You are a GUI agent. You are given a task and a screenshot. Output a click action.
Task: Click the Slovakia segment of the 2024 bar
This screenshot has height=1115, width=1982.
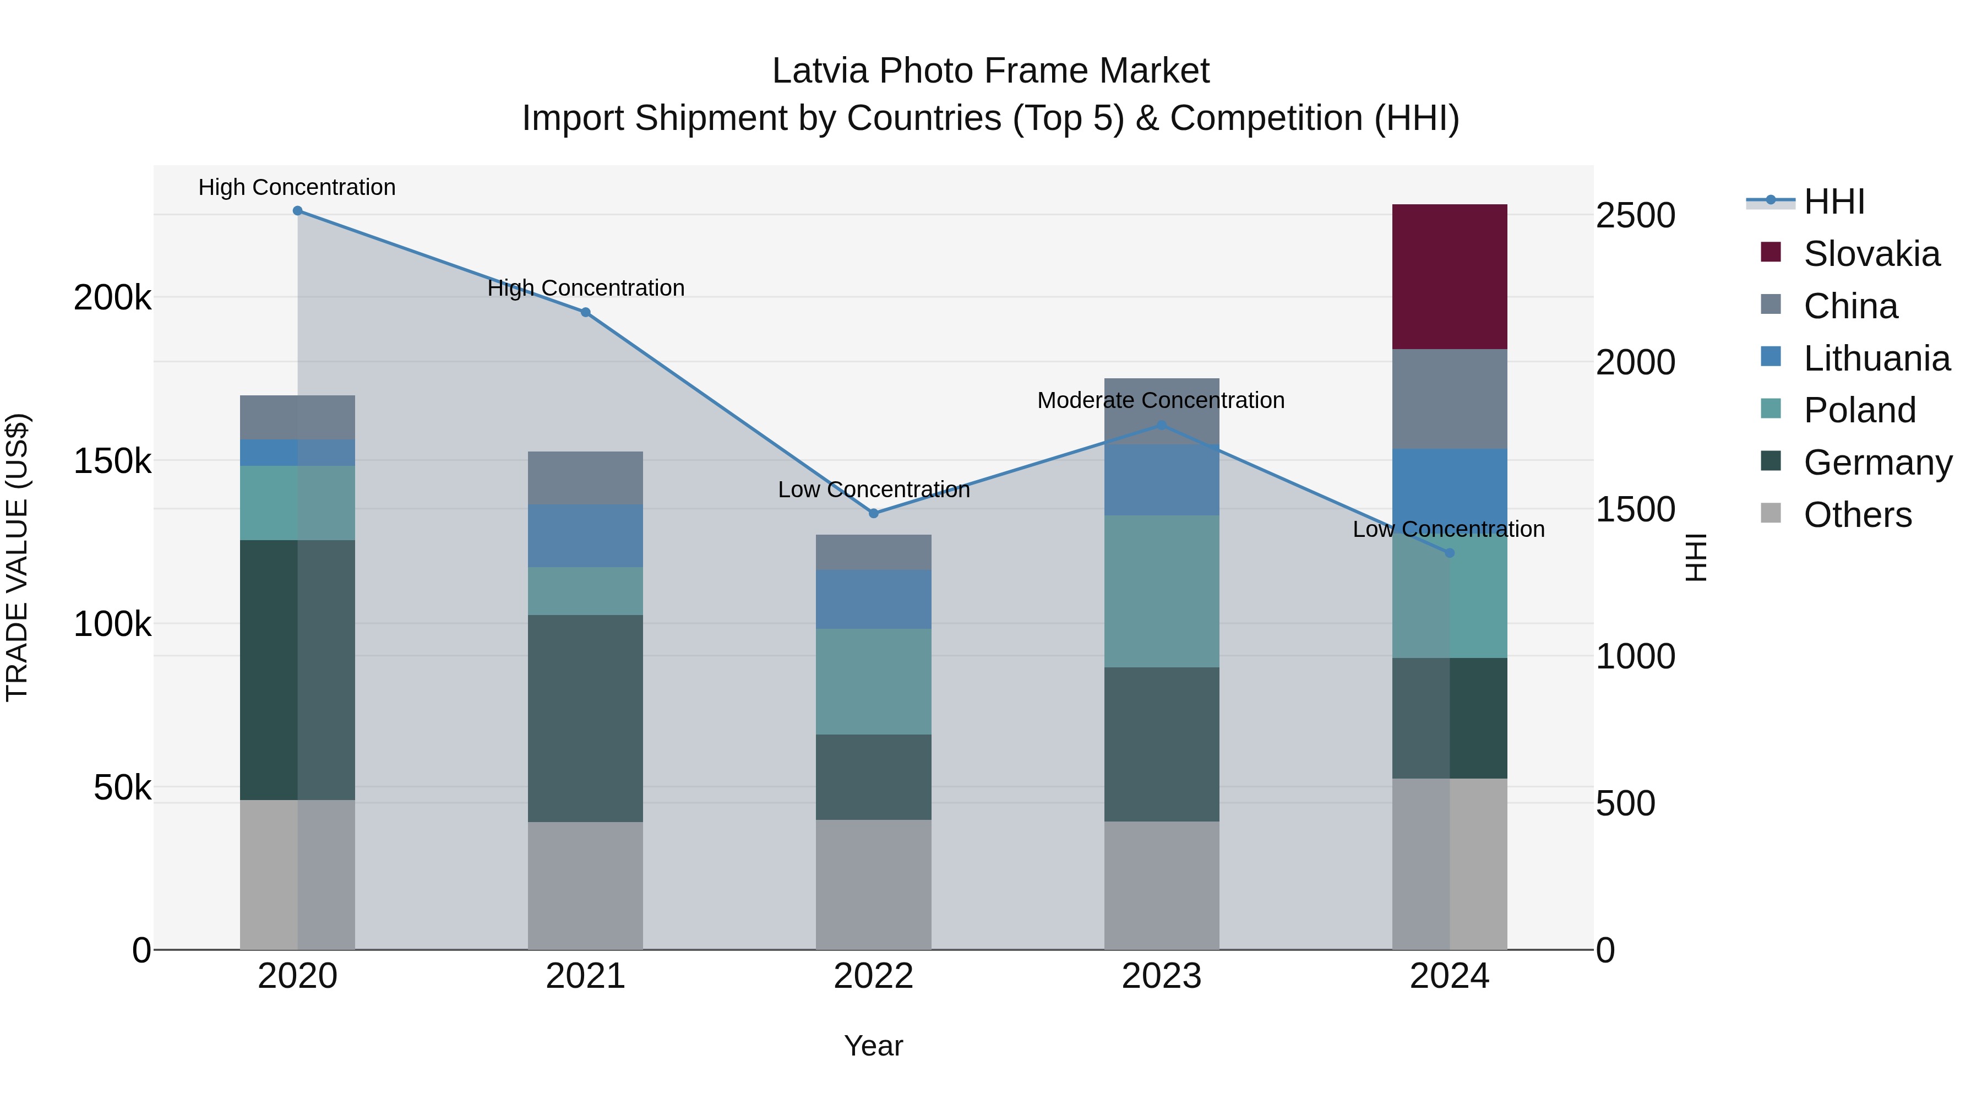pos(1450,276)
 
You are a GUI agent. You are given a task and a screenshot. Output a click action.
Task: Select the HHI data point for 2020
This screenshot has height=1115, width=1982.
pos(298,211)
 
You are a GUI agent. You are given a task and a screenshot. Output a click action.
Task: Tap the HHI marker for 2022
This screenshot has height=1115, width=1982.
pos(873,513)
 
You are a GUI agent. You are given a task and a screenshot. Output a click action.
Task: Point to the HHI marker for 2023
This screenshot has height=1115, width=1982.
pos(1162,425)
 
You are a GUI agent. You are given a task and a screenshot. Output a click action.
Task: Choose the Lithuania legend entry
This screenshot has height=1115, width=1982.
pos(1876,358)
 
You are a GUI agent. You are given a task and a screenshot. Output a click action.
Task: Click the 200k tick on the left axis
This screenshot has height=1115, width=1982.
pos(112,297)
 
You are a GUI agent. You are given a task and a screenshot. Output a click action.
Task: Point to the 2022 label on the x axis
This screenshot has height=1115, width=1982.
pos(873,976)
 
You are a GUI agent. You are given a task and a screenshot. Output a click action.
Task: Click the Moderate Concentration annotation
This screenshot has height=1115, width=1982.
pos(1161,400)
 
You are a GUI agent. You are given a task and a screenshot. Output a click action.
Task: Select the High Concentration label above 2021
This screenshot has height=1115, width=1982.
pos(586,288)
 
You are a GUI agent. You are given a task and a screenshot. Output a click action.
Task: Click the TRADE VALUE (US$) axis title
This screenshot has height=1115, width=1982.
pos(17,557)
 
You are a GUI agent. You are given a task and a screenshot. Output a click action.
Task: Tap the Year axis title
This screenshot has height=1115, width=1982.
pos(873,1046)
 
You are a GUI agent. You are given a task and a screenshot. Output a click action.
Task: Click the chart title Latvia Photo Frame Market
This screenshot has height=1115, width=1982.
pos(990,71)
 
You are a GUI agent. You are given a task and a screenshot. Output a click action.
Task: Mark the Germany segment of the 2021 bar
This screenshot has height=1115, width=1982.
pos(586,718)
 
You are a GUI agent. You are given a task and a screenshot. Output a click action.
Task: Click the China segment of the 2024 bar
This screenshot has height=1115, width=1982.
pos(1450,399)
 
